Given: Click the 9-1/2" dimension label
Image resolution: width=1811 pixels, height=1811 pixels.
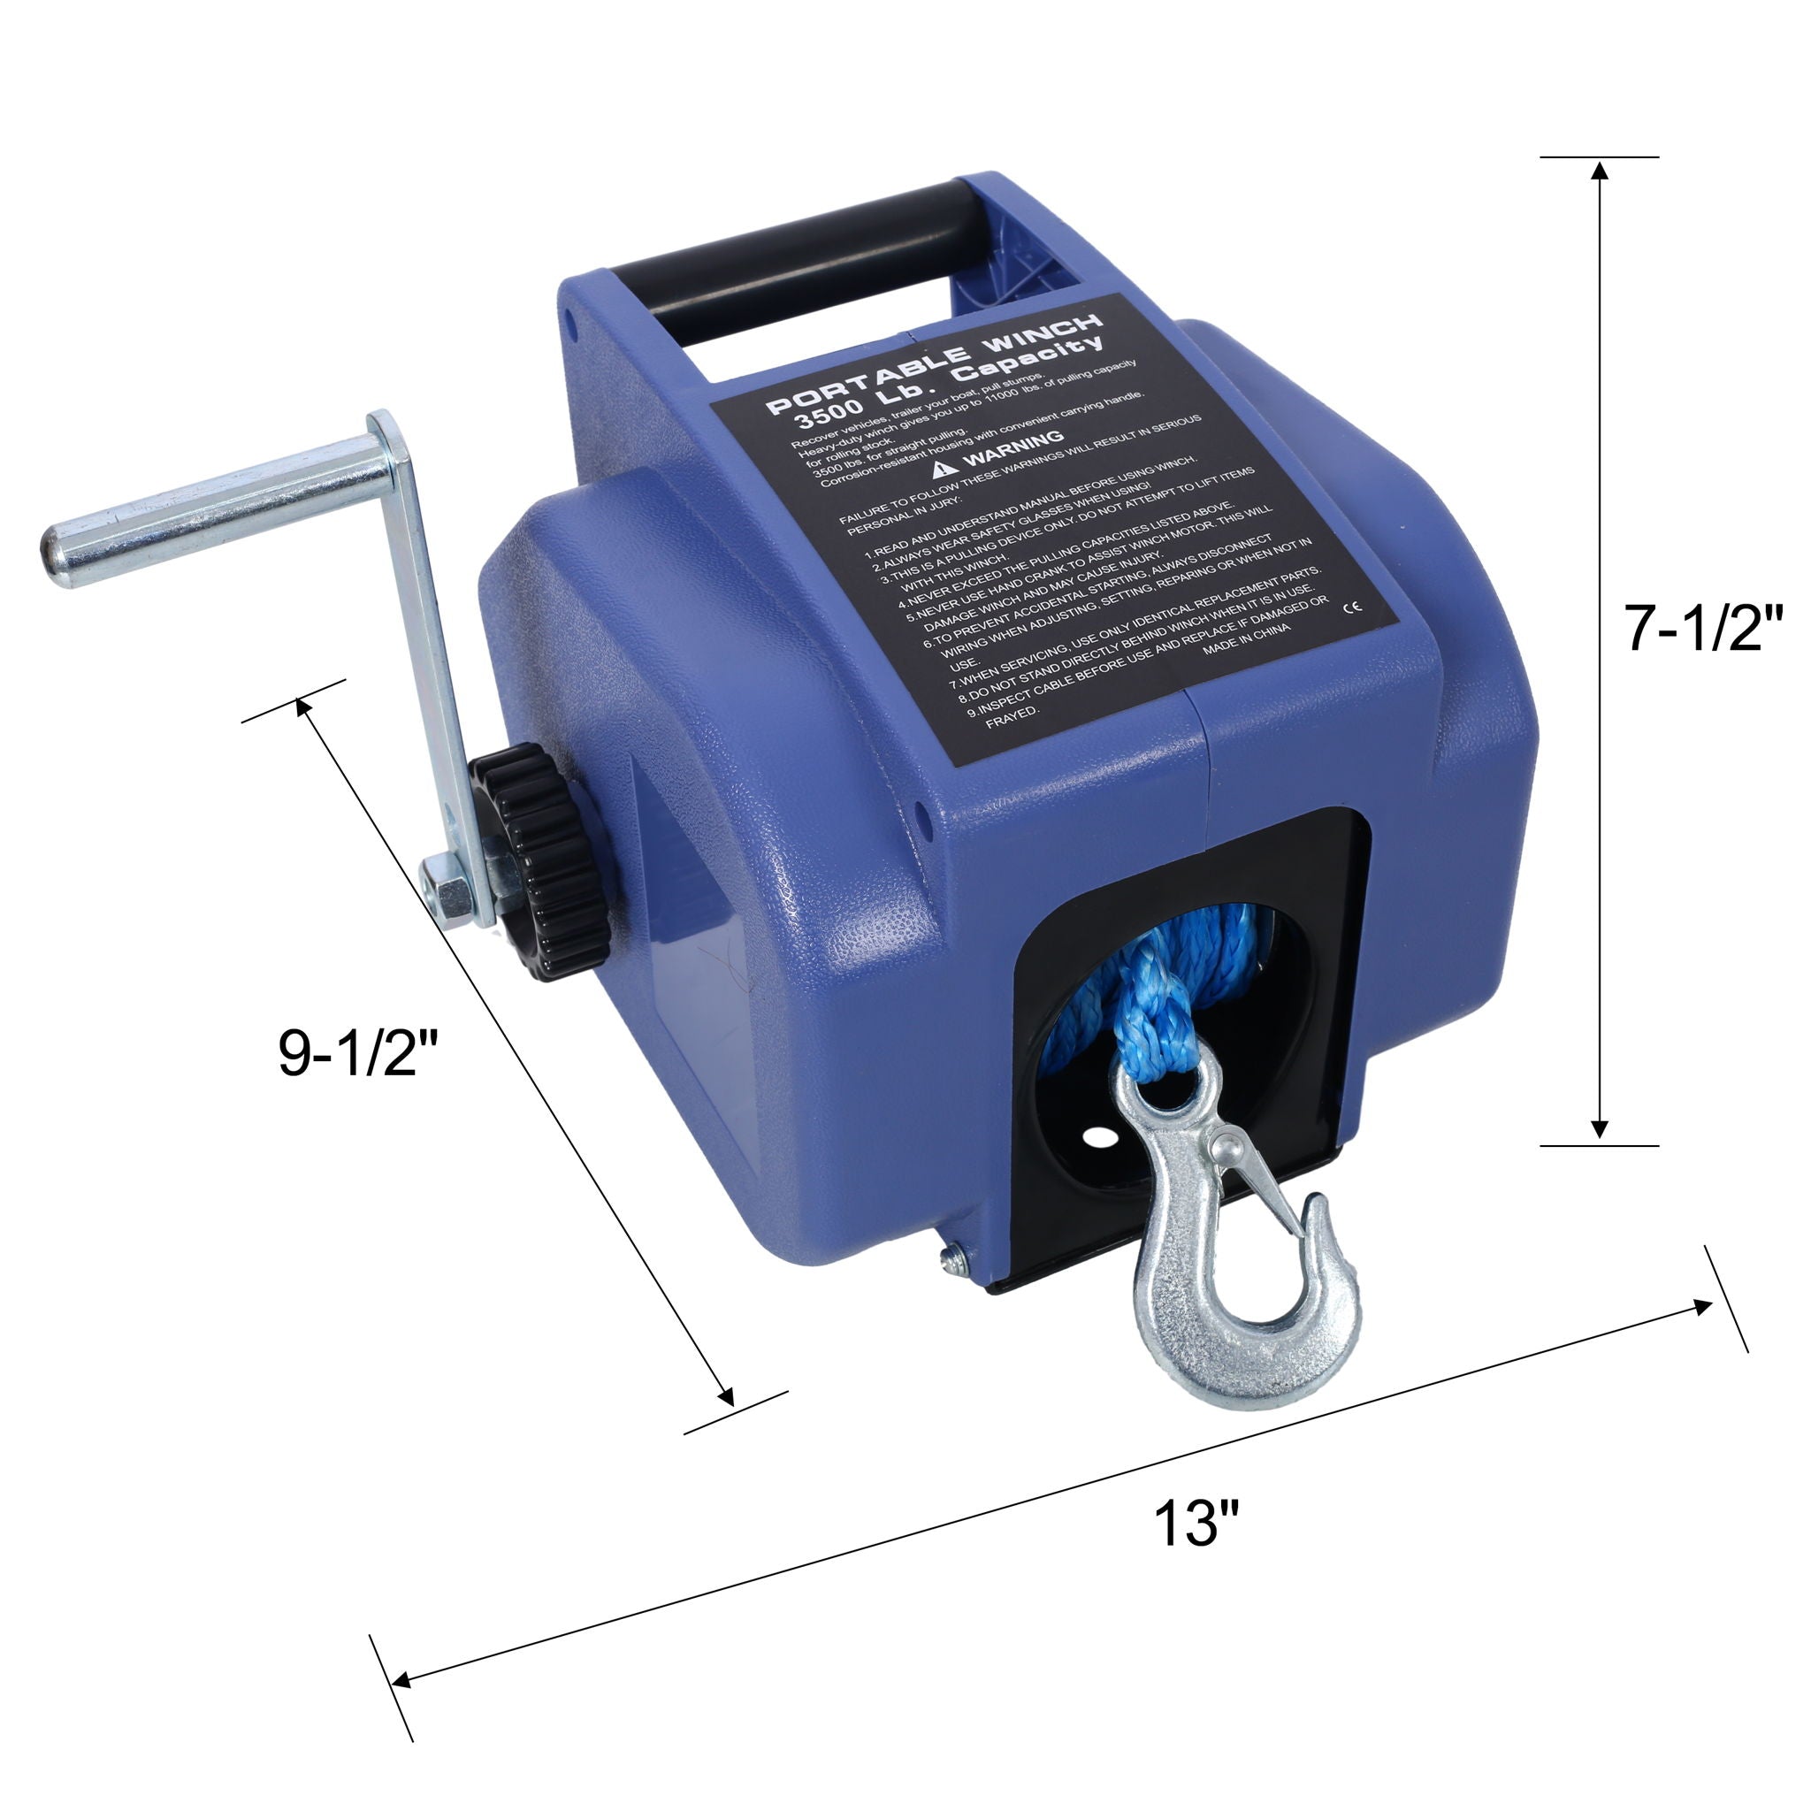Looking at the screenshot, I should tap(359, 1051).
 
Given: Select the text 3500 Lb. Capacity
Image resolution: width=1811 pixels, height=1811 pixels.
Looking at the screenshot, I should tap(947, 386).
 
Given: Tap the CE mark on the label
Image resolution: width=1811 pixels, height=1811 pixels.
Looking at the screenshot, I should tap(1352, 607).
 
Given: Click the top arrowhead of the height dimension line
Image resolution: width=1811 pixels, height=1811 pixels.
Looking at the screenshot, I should tap(1600, 170).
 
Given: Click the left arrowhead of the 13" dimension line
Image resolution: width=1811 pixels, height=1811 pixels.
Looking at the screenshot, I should tap(401, 1680).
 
